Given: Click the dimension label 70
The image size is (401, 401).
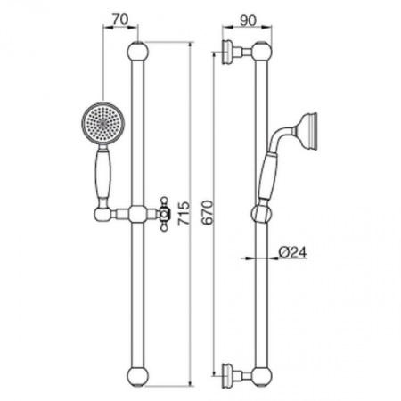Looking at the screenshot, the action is pyautogui.click(x=120, y=20).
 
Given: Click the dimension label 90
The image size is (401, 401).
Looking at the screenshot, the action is pyautogui.click(x=248, y=20).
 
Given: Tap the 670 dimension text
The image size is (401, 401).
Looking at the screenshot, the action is pyautogui.click(x=207, y=212).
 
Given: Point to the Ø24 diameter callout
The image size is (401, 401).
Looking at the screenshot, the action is pyautogui.click(x=292, y=252).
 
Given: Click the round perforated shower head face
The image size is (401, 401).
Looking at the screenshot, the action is pyautogui.click(x=102, y=124).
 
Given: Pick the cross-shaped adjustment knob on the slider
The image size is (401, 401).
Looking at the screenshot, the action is pyautogui.click(x=164, y=213).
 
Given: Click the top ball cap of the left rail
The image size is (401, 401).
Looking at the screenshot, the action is pyautogui.click(x=137, y=52).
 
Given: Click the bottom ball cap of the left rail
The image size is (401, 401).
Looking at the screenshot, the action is pyautogui.click(x=137, y=377).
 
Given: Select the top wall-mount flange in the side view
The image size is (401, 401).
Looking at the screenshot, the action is pyautogui.click(x=227, y=52).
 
